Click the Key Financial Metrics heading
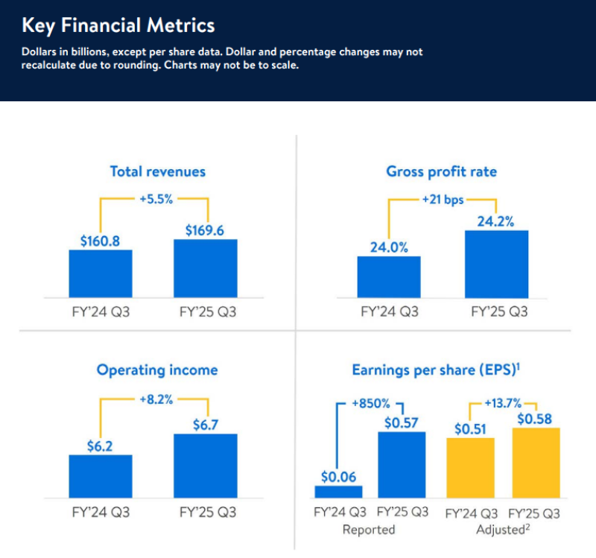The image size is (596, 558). point(118,26)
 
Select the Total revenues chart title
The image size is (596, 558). point(157,171)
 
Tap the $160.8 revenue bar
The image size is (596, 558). point(101,273)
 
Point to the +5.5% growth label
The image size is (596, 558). point(156,200)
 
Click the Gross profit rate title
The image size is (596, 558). point(441,171)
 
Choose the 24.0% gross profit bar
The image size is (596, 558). point(388,276)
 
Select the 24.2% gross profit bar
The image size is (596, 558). point(496,264)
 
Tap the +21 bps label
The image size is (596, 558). point(442,200)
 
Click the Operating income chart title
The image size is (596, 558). point(157,370)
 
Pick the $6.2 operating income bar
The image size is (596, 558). point(101,476)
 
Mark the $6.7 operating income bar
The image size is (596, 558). point(206,466)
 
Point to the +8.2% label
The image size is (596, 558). point(156,399)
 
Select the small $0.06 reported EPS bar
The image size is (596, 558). point(339,492)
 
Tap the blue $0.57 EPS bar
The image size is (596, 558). point(402,464)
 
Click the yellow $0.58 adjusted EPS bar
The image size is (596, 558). point(534,463)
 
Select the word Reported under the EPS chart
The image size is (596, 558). point(369,530)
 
